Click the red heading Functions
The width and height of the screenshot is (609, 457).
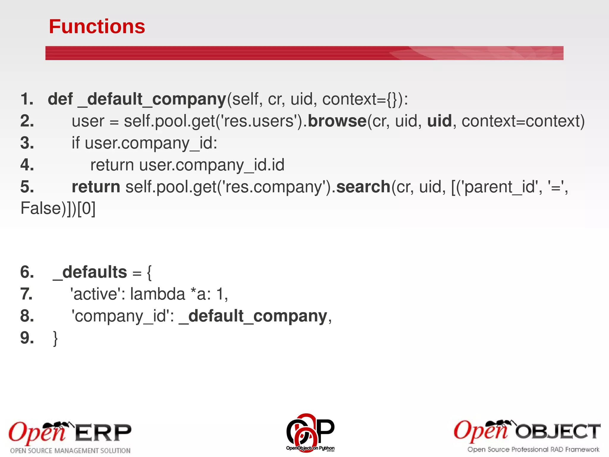(x=97, y=26)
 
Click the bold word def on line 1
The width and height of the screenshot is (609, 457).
(x=60, y=99)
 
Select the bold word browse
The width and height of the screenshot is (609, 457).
(x=337, y=121)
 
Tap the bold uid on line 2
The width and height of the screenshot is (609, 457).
(x=439, y=121)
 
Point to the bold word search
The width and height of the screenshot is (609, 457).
(x=363, y=187)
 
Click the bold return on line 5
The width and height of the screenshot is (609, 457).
(x=96, y=187)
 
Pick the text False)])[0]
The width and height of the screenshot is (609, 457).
(x=58, y=208)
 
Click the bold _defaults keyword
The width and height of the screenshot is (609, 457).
(x=90, y=272)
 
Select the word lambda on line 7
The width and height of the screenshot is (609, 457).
(x=158, y=294)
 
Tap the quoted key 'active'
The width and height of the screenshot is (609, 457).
(x=96, y=294)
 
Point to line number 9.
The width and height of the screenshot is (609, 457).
(x=27, y=338)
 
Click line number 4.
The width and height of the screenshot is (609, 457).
(x=27, y=165)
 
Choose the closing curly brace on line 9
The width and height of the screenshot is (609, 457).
(x=55, y=339)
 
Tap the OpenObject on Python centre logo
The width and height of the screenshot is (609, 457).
(x=310, y=432)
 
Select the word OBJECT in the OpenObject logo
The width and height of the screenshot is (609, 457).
(x=558, y=431)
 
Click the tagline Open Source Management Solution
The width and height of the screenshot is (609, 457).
(x=70, y=451)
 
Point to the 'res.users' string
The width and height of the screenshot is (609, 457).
(x=259, y=121)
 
